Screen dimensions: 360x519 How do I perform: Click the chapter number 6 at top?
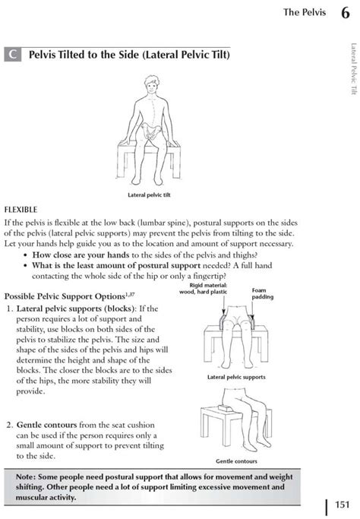(345, 13)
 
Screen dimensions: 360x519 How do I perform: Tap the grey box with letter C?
(13, 54)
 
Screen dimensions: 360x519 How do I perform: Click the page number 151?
(342, 505)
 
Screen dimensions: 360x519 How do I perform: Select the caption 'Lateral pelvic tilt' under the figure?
(149, 195)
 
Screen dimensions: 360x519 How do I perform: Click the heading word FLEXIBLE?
(21, 210)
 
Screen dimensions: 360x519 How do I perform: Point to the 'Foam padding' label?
(262, 293)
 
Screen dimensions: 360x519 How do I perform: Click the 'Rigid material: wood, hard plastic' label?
(203, 288)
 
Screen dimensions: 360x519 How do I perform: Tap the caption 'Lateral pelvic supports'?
(236, 377)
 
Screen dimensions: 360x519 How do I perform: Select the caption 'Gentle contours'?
(236, 461)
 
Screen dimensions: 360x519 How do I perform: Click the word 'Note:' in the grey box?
(26, 477)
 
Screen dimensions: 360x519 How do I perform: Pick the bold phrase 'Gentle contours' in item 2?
(46, 425)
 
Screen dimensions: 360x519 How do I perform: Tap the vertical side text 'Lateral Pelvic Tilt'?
(354, 69)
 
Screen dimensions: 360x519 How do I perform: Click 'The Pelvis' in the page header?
(305, 12)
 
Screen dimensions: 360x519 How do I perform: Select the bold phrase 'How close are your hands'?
(81, 255)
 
